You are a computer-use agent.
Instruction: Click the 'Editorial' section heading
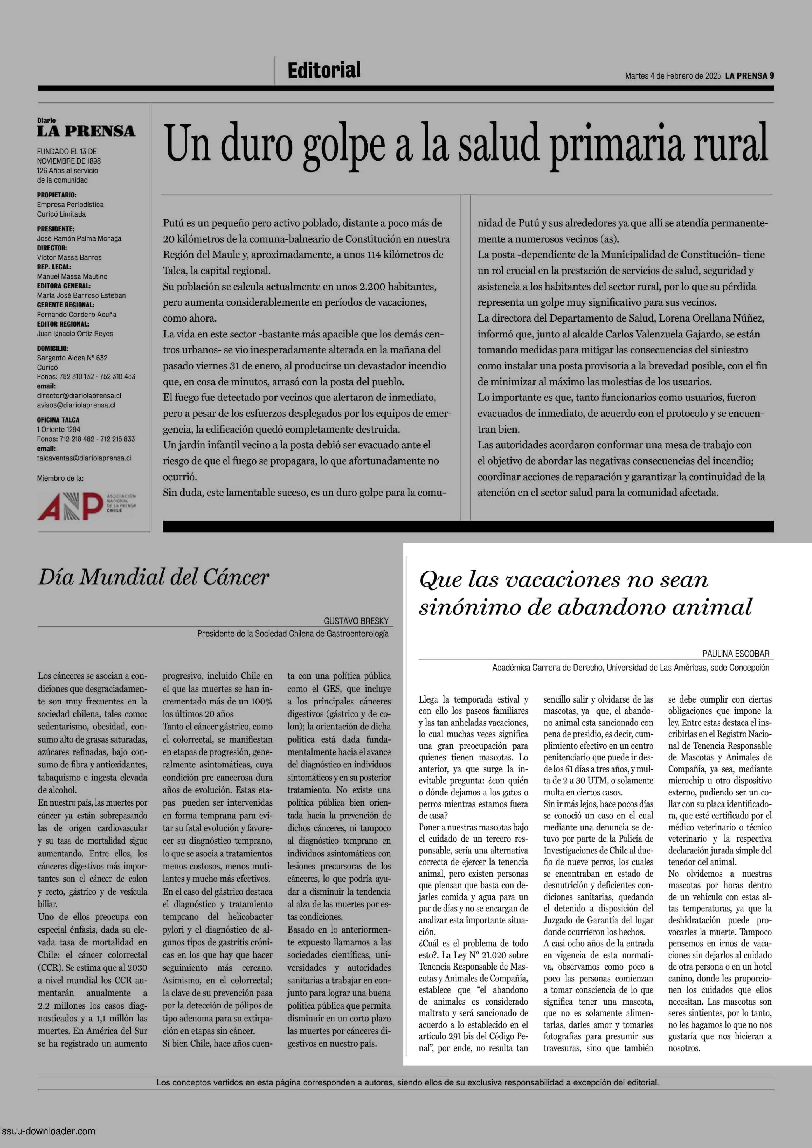click(324, 70)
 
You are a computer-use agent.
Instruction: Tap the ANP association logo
click(86, 506)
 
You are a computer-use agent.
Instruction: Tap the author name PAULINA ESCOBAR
click(735, 654)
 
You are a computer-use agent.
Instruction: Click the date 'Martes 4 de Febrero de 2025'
click(673, 76)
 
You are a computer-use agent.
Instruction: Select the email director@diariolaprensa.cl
click(79, 396)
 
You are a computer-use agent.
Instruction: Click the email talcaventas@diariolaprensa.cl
click(84, 458)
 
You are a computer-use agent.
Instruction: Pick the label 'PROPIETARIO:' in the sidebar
click(57, 195)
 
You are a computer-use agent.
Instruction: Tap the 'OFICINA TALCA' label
click(58, 420)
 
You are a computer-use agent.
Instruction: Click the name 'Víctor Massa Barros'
click(69, 258)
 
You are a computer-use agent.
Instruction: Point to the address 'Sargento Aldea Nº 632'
click(72, 358)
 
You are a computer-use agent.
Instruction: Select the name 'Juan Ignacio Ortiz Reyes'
click(75, 333)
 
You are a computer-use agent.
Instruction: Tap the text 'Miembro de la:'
click(60, 478)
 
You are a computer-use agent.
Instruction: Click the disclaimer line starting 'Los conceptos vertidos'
click(407, 1083)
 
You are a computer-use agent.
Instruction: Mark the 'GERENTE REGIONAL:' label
click(65, 305)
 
